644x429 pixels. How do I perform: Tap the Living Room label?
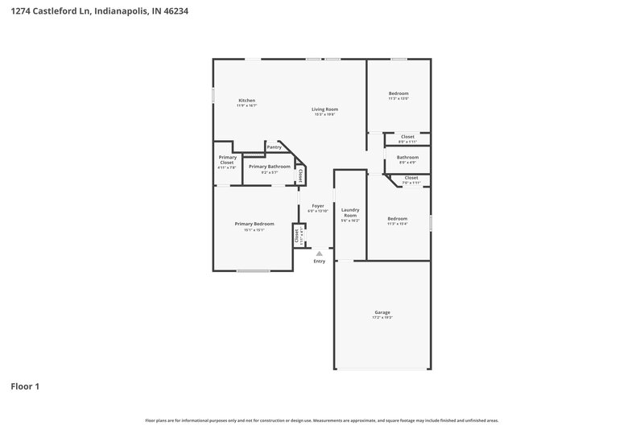[325, 109]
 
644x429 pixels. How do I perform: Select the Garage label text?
[382, 312]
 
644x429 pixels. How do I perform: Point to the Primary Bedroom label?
[254, 224]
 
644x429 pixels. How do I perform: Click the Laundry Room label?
[350, 212]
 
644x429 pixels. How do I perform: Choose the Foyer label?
[318, 206]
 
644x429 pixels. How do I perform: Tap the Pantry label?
[275, 147]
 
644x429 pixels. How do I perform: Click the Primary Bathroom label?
[269, 167]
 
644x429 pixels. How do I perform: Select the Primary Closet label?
[227, 159]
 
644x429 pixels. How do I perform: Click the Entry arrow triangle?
[319, 254]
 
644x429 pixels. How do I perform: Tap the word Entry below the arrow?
[320, 262]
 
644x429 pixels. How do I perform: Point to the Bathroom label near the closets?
[407, 157]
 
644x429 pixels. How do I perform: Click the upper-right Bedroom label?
[398, 93]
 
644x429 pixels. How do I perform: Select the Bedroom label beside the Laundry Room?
[398, 219]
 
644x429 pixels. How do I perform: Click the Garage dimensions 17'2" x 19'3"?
[382, 318]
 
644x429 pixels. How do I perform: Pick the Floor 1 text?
[25, 386]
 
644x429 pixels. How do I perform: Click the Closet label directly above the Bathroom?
[407, 137]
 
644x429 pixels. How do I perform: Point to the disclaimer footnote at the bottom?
[322, 420]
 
